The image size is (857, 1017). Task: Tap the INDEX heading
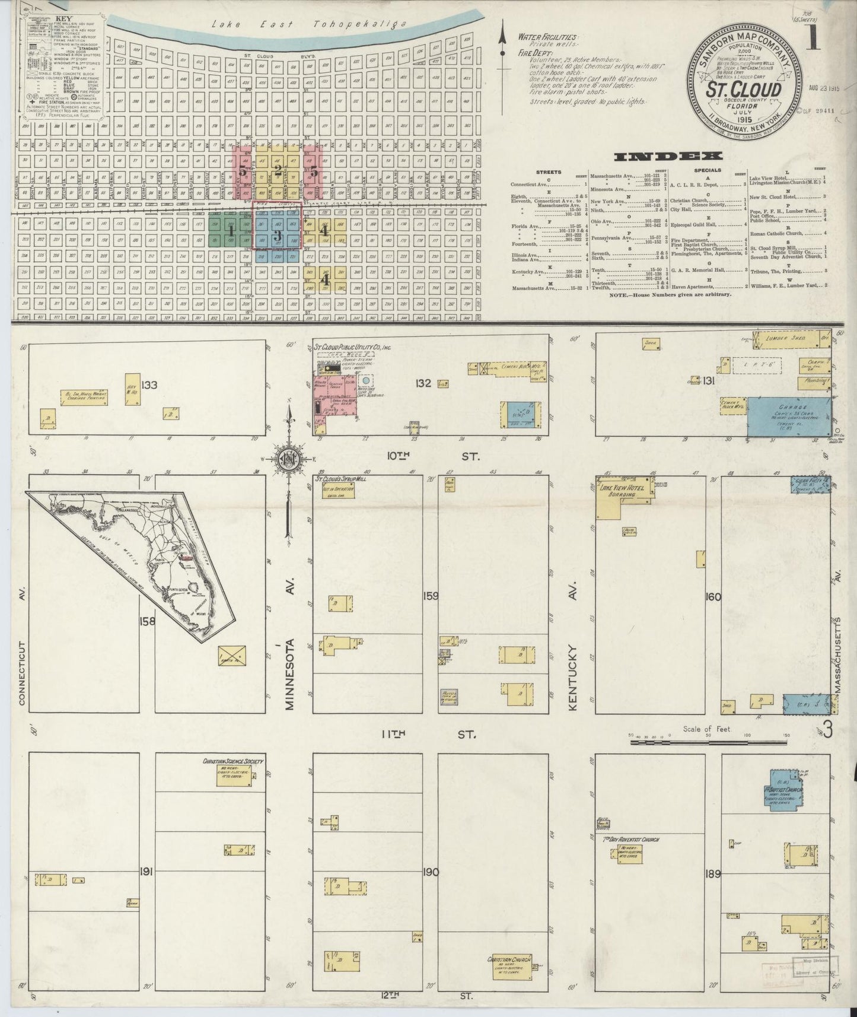668,157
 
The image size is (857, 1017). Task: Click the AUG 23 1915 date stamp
825,88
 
